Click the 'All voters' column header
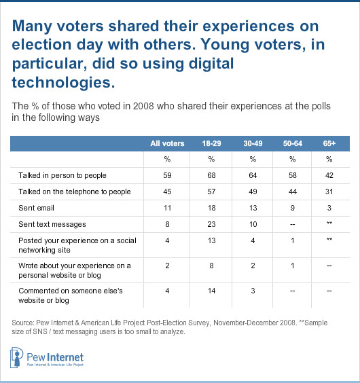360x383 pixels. click(167, 143)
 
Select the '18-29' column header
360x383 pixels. click(211, 143)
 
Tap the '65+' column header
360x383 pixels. click(329, 143)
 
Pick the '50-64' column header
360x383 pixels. click(293, 143)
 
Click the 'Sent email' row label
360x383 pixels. click(36, 208)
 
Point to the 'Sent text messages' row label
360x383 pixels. click(52, 224)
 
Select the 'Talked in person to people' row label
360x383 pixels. click(62, 175)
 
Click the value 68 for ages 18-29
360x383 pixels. click(211, 175)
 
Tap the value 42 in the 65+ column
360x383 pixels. click(329, 175)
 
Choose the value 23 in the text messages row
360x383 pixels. click(211, 224)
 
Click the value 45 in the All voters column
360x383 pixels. click(167, 191)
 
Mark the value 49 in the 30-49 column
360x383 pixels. click(253, 191)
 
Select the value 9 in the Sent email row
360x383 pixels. click(293, 208)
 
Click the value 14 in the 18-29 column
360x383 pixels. click(211, 291)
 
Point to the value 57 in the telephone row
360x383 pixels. click(211, 191)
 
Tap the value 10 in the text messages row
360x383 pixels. click(253, 224)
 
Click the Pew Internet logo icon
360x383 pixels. click(16, 357)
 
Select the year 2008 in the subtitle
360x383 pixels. click(144, 106)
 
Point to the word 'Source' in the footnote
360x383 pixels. click(22, 323)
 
